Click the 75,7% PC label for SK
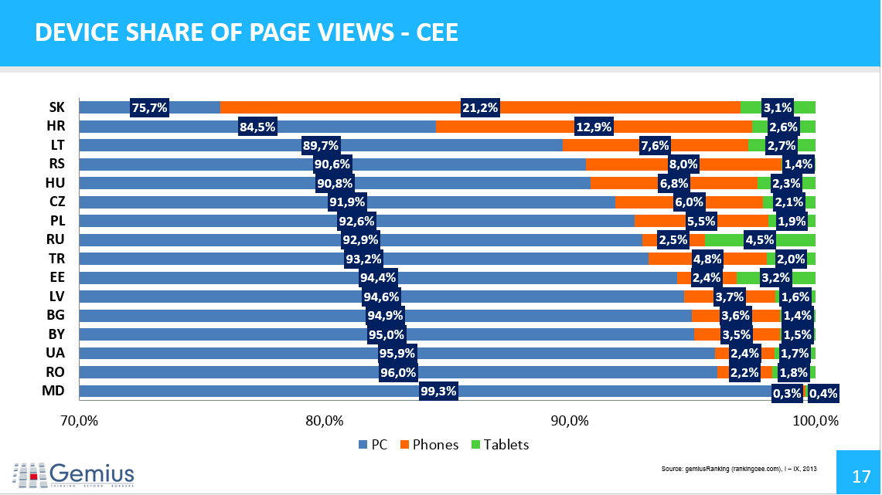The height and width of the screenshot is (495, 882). tap(149, 108)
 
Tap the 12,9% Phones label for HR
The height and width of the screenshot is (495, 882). tap(594, 127)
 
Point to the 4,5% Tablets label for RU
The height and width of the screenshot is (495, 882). tap(759, 239)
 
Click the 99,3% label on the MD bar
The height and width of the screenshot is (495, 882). tap(438, 391)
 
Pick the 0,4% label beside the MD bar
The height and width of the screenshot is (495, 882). tap(822, 393)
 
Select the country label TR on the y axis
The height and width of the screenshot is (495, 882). tap(56, 259)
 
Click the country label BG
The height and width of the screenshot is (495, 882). tap(56, 315)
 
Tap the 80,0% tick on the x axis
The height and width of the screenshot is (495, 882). tap(324, 421)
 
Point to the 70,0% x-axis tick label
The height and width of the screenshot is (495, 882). tap(79, 421)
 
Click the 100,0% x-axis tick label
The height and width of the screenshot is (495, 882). tap(816, 421)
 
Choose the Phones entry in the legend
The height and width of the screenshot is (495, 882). tap(429, 445)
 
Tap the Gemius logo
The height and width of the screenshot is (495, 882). tap(74, 473)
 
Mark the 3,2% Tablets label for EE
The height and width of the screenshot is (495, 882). tap(775, 277)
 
